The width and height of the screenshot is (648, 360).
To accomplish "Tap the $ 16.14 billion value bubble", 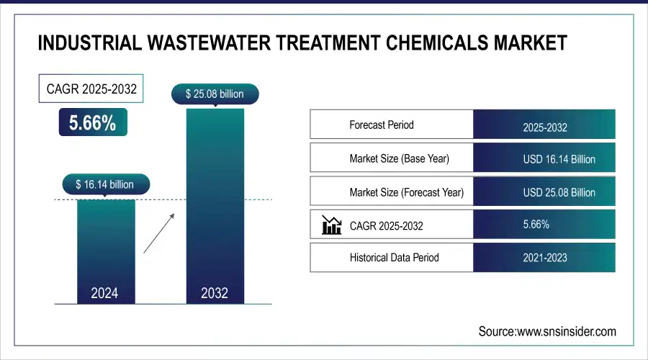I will coord(104,184).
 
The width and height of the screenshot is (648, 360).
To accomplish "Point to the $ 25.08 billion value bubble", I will coord(215,94).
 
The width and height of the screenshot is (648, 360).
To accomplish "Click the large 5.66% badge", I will coord(92,123).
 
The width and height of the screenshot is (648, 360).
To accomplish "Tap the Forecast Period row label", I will coord(382,125).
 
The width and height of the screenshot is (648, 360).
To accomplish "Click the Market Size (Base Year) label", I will coord(399,158).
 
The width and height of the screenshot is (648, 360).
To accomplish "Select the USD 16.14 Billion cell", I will coord(544,158).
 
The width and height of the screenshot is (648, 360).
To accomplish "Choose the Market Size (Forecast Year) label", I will coord(406,192).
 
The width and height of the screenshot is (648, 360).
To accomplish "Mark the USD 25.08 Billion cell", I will coord(544,192).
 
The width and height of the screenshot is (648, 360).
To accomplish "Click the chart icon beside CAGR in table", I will coord(331,225).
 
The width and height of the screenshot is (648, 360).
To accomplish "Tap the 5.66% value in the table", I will coord(536,225).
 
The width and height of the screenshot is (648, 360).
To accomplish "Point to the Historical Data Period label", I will coord(394,257).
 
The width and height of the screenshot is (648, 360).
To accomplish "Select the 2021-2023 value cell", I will coord(544,258).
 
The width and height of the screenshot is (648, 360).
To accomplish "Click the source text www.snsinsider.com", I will coord(547,331).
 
